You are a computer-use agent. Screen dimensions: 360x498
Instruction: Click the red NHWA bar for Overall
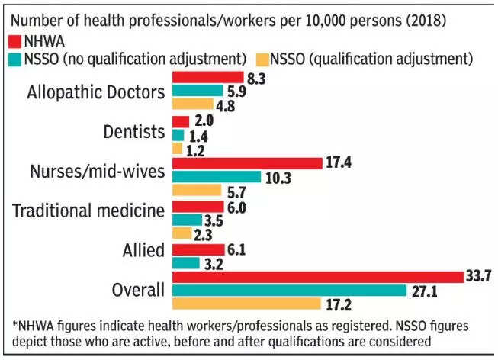tap(317, 276)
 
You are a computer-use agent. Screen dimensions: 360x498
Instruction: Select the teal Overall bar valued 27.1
tap(290, 291)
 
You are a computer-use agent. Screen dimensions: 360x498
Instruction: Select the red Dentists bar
tap(181, 121)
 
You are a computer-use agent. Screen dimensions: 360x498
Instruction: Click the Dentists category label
tap(133, 131)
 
